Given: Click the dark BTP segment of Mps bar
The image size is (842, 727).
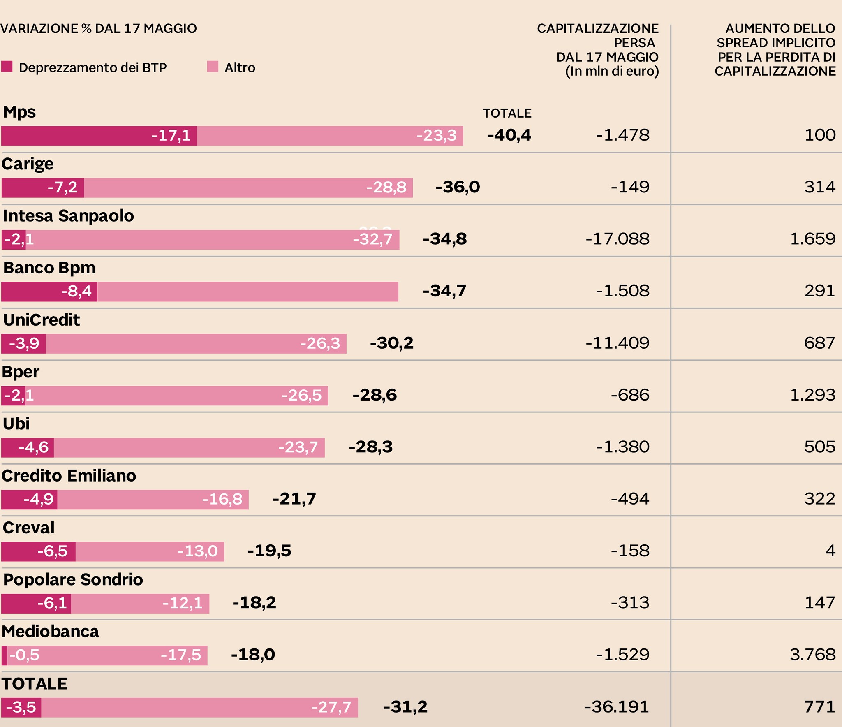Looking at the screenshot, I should point(99,136).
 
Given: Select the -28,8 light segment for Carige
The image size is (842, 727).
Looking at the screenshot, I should point(248,188).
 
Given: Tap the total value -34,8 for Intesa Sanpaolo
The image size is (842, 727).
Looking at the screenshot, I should point(445,239).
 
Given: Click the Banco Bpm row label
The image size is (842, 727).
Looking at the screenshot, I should point(49,268).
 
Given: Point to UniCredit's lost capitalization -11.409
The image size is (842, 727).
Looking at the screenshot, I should point(618,343).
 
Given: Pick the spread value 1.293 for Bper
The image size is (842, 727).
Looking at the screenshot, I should point(812,395).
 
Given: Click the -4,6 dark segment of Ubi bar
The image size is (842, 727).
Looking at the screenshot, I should point(28,447).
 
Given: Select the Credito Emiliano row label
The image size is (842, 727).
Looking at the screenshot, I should point(69,476).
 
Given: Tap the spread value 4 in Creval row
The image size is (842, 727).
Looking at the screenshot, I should point(830,551).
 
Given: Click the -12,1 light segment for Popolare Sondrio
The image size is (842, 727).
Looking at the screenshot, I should point(140,603).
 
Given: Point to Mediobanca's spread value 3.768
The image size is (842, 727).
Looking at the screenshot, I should point(812,655).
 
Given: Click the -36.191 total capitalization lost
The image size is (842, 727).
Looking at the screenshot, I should point(617,707).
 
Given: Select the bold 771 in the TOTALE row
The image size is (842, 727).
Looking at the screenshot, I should point(819,707).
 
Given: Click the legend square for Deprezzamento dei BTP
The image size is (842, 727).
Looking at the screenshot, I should point(7,67).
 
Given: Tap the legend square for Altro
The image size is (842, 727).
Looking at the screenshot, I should point(213,67).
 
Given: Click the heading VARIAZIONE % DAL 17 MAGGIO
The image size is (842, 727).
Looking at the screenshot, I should point(99,29).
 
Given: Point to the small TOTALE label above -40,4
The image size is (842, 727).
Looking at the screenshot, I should point(507,113).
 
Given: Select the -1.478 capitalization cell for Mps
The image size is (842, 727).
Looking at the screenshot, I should point(622,135).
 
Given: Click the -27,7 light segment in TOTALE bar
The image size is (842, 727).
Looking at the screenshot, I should point(199,707).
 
